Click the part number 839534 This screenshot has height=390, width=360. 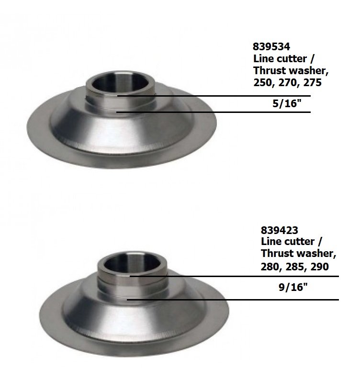[271, 46]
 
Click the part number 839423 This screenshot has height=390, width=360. [279, 230]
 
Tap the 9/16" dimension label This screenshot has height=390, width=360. [293, 287]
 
